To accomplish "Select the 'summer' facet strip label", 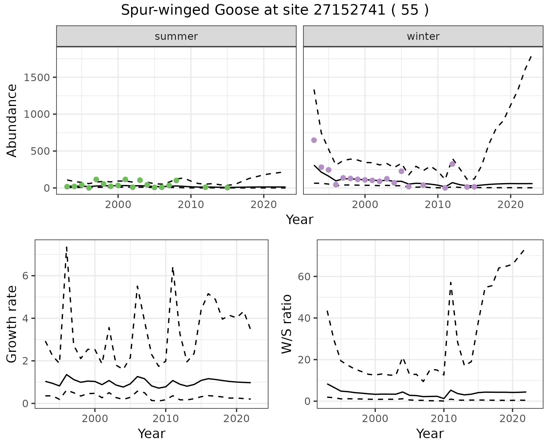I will (x=176, y=36).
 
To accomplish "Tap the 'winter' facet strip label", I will (x=423, y=36).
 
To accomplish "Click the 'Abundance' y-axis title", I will (x=12, y=121).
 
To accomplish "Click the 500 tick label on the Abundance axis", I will (x=40, y=151).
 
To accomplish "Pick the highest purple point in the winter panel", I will (x=314, y=140).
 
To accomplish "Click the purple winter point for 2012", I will (x=452, y=164).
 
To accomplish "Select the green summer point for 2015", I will (x=227, y=188).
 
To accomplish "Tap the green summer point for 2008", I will (x=176, y=180).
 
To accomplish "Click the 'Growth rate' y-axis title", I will (x=12, y=324).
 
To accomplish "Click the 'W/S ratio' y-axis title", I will (x=286, y=324).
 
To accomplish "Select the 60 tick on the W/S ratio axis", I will (x=305, y=277).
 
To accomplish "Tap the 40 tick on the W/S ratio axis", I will (x=305, y=318).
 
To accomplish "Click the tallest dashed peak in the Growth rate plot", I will (x=66, y=247).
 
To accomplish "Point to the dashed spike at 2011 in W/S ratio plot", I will (x=451, y=283).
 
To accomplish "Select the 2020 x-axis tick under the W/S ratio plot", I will (x=512, y=419).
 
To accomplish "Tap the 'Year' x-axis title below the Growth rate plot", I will (x=152, y=434).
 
